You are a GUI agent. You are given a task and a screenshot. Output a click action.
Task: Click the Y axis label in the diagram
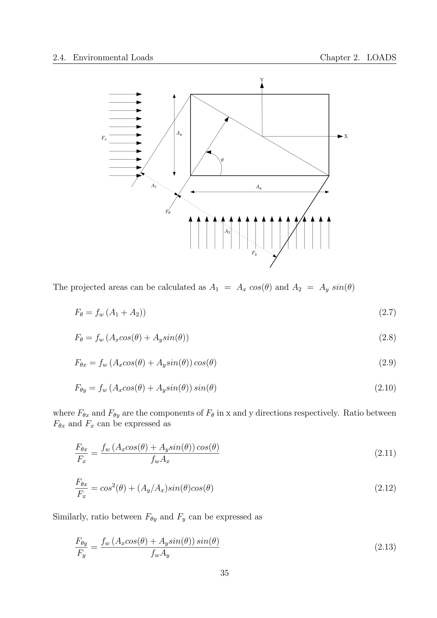click(x=262, y=80)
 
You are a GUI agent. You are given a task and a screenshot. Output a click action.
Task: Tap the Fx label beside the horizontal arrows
click(x=104, y=138)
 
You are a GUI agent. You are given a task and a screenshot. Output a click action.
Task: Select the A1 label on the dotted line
click(x=154, y=186)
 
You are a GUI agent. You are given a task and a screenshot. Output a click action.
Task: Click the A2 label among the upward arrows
click(x=227, y=232)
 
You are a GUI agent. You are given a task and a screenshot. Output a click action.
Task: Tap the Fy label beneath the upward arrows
click(x=254, y=253)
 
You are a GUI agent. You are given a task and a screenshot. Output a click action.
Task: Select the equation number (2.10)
click(x=385, y=388)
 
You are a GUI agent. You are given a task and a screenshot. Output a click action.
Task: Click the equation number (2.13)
click(x=385, y=547)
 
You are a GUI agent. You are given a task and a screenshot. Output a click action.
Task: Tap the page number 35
click(x=224, y=573)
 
